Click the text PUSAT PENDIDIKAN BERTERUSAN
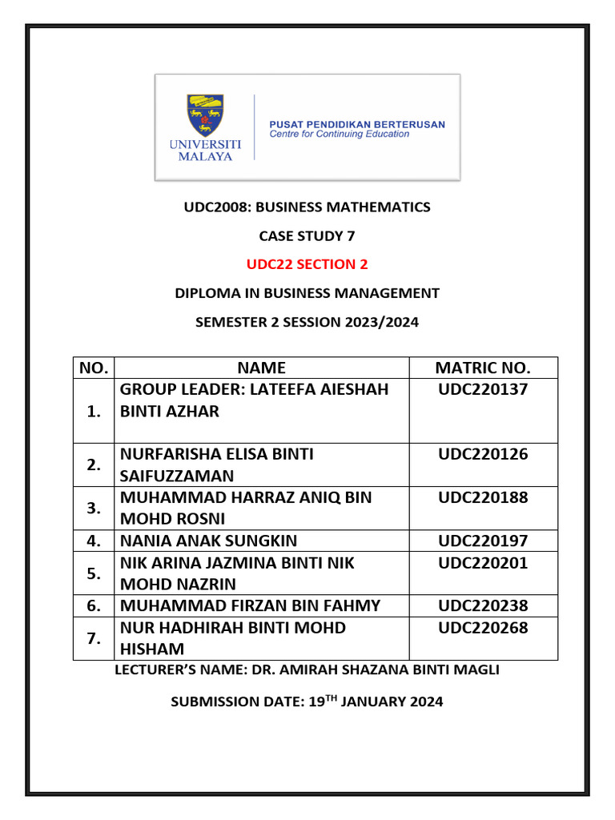tap(356, 124)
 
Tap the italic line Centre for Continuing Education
tap(339, 135)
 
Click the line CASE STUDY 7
tap(307, 236)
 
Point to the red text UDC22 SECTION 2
tap(307, 264)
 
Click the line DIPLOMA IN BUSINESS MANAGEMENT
tap(307, 293)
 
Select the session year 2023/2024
tap(378, 322)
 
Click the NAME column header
tap(262, 368)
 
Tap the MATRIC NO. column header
tap(483, 368)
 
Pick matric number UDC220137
tap(483, 390)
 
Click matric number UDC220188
tap(483, 498)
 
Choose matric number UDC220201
tap(483, 564)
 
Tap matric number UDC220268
tap(483, 629)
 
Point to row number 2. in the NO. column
tap(94, 465)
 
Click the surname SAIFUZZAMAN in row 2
tap(175, 476)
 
